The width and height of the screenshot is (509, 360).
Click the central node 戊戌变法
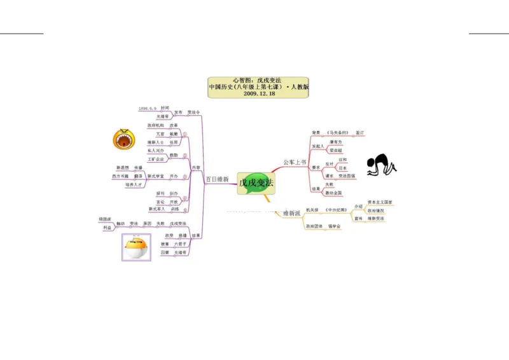click(x=256, y=183)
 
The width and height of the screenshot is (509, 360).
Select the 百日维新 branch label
click(x=217, y=180)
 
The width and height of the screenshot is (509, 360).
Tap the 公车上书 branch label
click(x=295, y=162)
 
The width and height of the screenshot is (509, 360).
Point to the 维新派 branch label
click(x=292, y=213)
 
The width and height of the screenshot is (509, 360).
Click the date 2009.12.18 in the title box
click(x=259, y=93)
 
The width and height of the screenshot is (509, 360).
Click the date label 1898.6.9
click(x=147, y=109)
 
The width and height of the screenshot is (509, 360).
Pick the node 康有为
click(x=335, y=142)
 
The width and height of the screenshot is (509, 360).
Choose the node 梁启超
click(x=335, y=151)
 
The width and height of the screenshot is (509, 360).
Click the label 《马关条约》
click(x=337, y=132)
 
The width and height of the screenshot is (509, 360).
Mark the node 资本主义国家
click(x=380, y=202)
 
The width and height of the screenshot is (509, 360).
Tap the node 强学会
click(x=334, y=226)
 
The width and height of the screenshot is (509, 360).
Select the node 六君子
click(x=181, y=244)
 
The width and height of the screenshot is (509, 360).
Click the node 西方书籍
click(x=120, y=176)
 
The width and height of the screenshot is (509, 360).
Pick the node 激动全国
click(x=333, y=193)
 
